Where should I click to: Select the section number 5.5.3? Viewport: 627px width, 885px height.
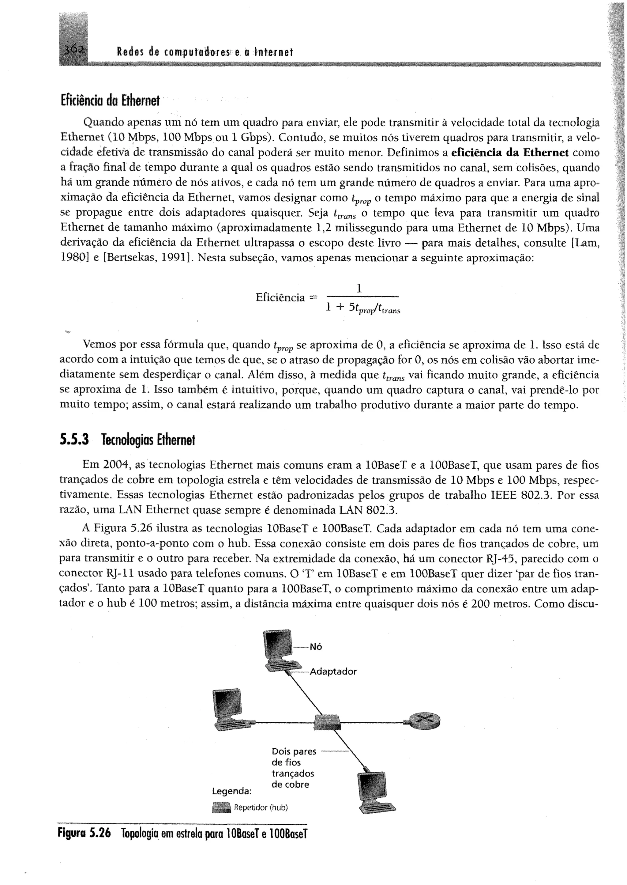(x=74, y=439)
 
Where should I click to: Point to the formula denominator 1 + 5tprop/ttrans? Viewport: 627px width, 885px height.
(x=363, y=308)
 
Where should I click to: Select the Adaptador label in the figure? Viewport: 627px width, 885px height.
(x=333, y=671)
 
